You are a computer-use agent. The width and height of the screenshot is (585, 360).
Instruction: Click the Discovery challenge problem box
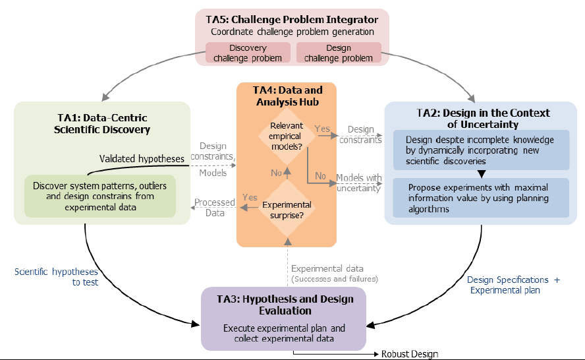tap(248, 53)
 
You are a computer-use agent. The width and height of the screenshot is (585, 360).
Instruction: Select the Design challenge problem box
tap(339, 53)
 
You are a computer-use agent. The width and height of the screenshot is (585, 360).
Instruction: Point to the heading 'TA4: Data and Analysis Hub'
tap(288, 96)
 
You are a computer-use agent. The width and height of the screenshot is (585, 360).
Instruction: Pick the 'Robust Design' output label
tap(410, 354)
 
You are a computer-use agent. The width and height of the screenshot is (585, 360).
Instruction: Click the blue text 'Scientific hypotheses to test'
tap(57, 277)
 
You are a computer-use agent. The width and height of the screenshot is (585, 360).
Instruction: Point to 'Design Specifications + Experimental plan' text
tap(513, 285)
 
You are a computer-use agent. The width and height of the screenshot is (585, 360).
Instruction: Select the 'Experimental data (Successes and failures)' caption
tap(335, 274)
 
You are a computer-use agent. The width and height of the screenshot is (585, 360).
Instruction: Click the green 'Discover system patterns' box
tap(100, 196)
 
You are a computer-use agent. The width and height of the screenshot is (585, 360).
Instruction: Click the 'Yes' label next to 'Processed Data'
tap(250, 197)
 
